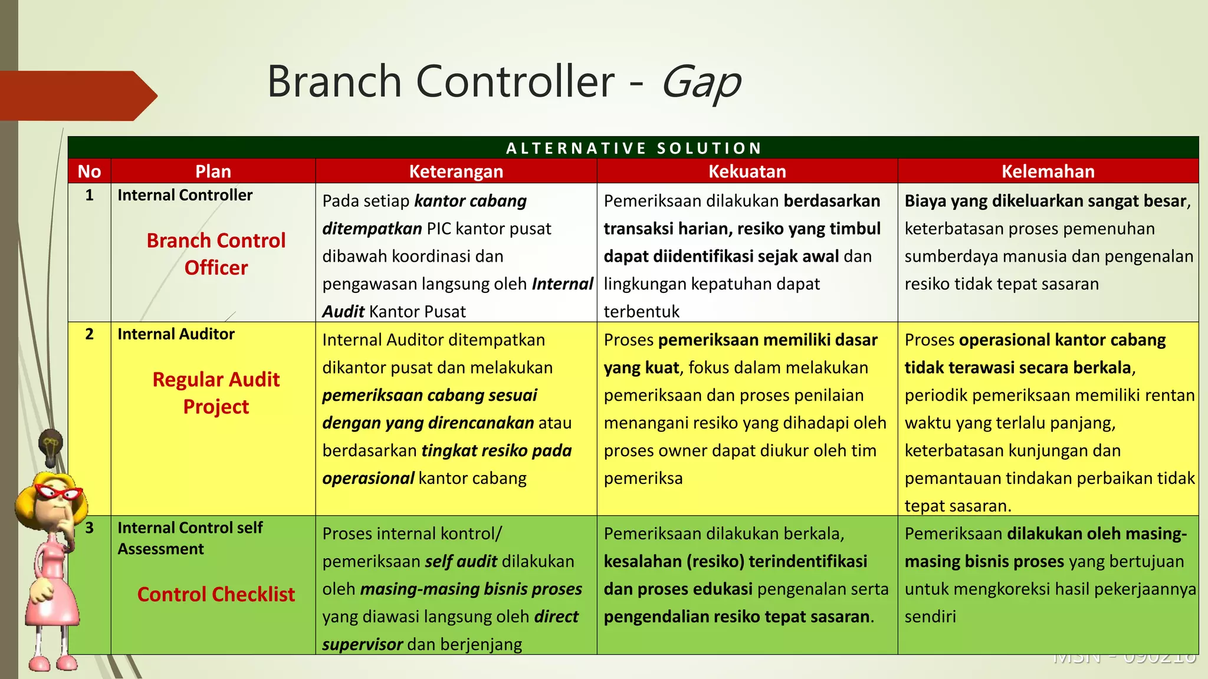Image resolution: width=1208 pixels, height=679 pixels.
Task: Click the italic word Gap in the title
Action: (x=701, y=83)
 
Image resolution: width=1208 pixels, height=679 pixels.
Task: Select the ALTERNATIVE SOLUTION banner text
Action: (x=633, y=148)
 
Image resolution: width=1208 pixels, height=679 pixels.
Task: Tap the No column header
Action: (x=89, y=172)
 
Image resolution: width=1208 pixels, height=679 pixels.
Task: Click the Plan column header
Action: (x=213, y=172)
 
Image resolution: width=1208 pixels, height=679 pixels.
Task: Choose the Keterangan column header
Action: (x=456, y=172)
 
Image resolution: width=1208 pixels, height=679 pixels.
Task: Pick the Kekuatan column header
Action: (x=747, y=172)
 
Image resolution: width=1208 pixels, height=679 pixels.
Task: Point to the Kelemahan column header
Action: (x=1048, y=172)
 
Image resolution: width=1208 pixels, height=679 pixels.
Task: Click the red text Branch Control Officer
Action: (x=216, y=254)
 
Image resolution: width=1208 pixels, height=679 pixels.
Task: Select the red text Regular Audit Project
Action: (x=216, y=393)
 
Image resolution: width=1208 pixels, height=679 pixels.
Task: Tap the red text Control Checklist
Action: (x=216, y=594)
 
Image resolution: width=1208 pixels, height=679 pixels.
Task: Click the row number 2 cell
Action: (x=89, y=334)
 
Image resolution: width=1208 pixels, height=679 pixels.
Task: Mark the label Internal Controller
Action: (x=185, y=195)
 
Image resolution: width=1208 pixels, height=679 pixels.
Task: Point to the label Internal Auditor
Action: (x=176, y=334)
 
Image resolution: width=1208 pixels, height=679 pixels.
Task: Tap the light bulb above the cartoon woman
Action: (x=51, y=446)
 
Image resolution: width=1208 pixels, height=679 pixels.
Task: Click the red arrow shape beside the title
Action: (x=77, y=95)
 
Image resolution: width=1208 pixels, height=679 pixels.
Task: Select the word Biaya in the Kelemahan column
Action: (x=925, y=201)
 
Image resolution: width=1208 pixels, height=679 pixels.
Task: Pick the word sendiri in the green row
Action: (x=930, y=617)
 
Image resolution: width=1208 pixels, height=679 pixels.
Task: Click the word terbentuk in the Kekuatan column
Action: (x=641, y=311)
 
